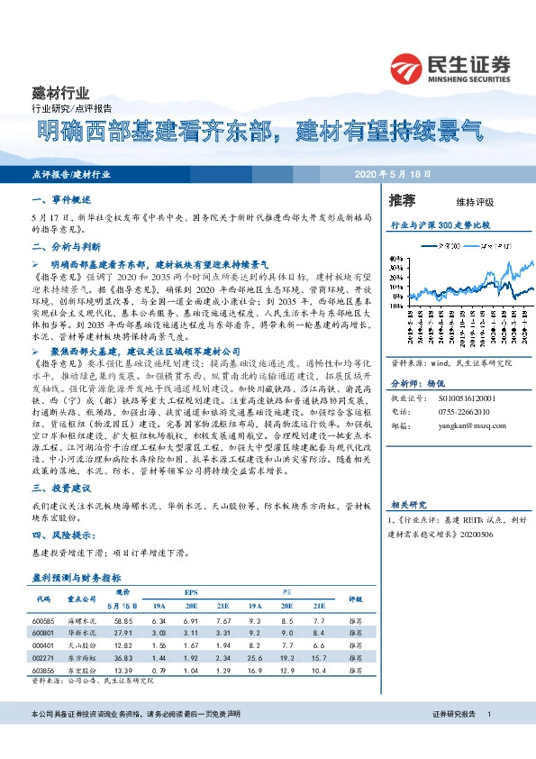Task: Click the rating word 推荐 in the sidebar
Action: pyautogui.click(x=402, y=199)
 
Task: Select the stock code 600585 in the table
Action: pyautogui.click(x=43, y=621)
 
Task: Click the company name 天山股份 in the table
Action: pyautogui.click(x=80, y=646)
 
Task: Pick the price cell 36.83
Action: pyautogui.click(x=123, y=659)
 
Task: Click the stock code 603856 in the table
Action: pyautogui.click(x=43, y=672)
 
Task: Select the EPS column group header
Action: pyautogui.click(x=190, y=590)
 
